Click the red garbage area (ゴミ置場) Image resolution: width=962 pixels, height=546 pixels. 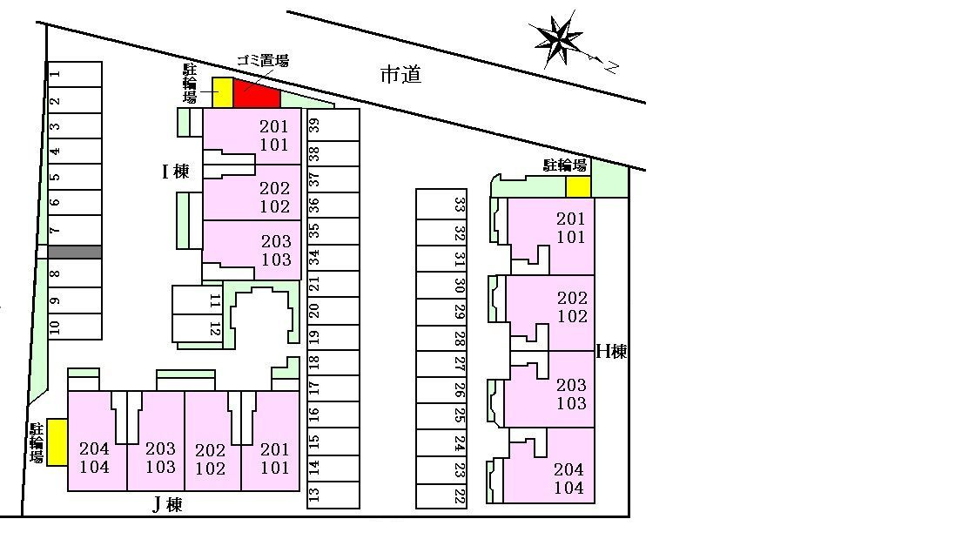pyautogui.click(x=256, y=94)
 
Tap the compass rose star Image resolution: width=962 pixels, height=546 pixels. pyautogui.click(x=556, y=40)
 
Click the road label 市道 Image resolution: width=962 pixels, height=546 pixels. pyautogui.click(x=400, y=75)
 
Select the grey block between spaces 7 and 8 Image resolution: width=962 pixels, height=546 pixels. pyautogui.click(x=75, y=253)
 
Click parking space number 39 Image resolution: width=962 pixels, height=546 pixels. pyautogui.click(x=333, y=125)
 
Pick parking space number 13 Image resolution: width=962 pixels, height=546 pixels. pyautogui.click(x=333, y=495)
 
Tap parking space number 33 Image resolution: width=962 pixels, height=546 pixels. pyautogui.click(x=441, y=205)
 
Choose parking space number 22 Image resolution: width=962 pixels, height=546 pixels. pyautogui.click(x=441, y=495)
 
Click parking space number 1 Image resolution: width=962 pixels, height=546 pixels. pyautogui.click(x=75, y=74)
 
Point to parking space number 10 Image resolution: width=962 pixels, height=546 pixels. pyautogui.click(x=75, y=327)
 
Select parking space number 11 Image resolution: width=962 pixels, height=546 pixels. pyautogui.click(x=198, y=300)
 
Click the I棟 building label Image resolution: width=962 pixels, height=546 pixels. pyautogui.click(x=176, y=172)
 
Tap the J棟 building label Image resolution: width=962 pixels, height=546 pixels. pyautogui.click(x=167, y=505)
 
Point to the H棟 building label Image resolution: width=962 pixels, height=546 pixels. pyautogui.click(x=612, y=352)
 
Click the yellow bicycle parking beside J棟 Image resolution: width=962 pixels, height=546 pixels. pyautogui.click(x=57, y=442)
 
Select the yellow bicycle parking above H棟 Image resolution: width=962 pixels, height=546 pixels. pyautogui.click(x=578, y=187)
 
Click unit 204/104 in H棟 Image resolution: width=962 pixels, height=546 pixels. pyautogui.click(x=549, y=466)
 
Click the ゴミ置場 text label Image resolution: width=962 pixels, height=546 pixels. pyautogui.click(x=263, y=60)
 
